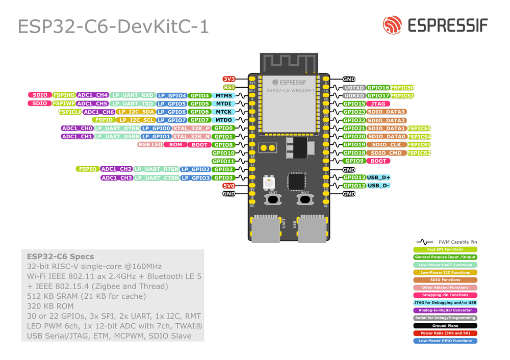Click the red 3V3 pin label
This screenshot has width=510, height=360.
[229, 79]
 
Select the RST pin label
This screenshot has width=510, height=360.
[229, 87]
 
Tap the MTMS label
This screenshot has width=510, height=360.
[224, 95]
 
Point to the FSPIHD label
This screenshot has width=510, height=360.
[64, 95]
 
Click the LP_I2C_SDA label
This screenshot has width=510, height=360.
[135, 112]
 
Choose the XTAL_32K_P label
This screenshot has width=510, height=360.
[191, 128]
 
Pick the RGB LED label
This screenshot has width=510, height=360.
[150, 145]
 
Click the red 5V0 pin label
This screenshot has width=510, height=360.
[229, 186]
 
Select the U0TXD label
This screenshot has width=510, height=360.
[354, 88]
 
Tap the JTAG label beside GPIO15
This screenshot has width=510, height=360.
[378, 104]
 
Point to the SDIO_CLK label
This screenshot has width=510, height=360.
[386, 145]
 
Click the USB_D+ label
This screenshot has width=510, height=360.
[378, 177]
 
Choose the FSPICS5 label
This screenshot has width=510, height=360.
[419, 128]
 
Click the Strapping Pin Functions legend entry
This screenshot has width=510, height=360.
[445, 295]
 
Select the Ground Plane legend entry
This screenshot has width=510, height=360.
[445, 325]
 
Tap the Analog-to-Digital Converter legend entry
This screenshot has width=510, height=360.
[445, 310]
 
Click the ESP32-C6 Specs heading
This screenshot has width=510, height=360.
[60, 256]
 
